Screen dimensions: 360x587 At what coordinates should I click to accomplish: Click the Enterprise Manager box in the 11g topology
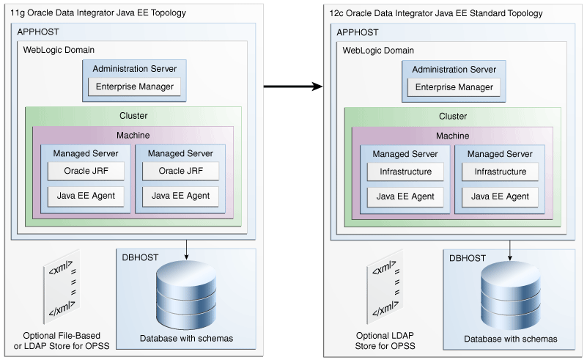(134, 87)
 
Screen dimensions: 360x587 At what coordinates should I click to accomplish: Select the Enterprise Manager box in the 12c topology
(454, 87)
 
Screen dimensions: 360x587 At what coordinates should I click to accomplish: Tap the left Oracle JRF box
(86, 171)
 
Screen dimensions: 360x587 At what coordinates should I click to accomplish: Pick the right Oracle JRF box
(180, 171)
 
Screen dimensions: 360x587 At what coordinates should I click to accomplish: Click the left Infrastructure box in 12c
(405, 172)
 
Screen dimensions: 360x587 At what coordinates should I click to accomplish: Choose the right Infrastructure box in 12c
(500, 172)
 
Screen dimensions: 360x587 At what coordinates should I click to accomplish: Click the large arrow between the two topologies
(293, 87)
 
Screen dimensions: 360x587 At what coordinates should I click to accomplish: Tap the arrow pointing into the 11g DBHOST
(189, 249)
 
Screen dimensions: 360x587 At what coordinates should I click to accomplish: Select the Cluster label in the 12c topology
(453, 116)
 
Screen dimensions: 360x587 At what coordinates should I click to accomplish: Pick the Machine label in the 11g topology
(133, 135)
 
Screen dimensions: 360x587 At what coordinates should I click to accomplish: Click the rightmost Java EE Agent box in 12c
(500, 196)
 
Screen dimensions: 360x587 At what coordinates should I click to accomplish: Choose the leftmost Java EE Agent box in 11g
(86, 195)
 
